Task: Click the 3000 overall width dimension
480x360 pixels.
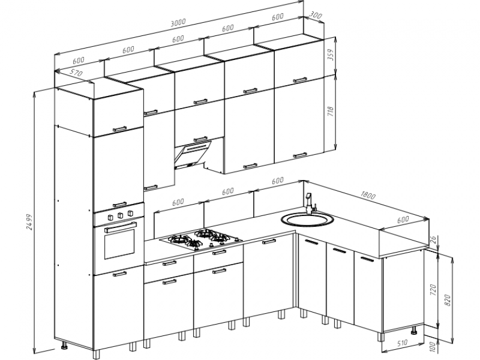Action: point(178,22)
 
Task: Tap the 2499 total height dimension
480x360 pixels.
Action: point(29,222)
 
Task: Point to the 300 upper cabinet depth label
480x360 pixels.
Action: point(315,15)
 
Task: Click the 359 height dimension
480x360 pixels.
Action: point(331,55)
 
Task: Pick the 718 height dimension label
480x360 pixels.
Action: point(330,111)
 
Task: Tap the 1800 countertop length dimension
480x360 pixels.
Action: point(367,195)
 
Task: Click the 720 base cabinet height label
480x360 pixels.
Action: point(433,290)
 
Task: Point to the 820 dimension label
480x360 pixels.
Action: point(447,301)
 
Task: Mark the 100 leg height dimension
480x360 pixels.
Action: point(432,347)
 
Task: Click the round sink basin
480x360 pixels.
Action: point(307,219)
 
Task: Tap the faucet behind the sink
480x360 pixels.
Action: point(310,203)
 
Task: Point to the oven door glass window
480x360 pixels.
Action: point(119,243)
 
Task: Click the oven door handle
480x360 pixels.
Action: point(121,227)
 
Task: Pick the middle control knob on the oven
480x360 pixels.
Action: point(121,215)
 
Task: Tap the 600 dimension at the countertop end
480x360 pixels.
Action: point(403,219)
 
